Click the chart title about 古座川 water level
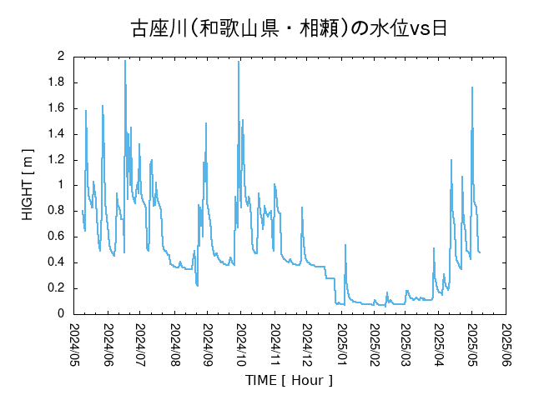[x=289, y=28]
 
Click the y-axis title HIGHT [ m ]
[x=28, y=186]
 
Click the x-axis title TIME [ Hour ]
[x=289, y=381]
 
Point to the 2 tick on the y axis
[x=61, y=57]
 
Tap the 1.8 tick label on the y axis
[x=57, y=82]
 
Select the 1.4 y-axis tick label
[x=57, y=134]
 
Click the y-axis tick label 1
[x=61, y=185]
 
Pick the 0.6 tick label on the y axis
[x=57, y=237]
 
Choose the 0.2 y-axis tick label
[x=57, y=288]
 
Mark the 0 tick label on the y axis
[x=61, y=314]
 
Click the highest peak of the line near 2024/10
[x=239, y=62]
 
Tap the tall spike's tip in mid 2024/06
[x=125, y=60]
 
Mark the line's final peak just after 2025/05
[x=472, y=87]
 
